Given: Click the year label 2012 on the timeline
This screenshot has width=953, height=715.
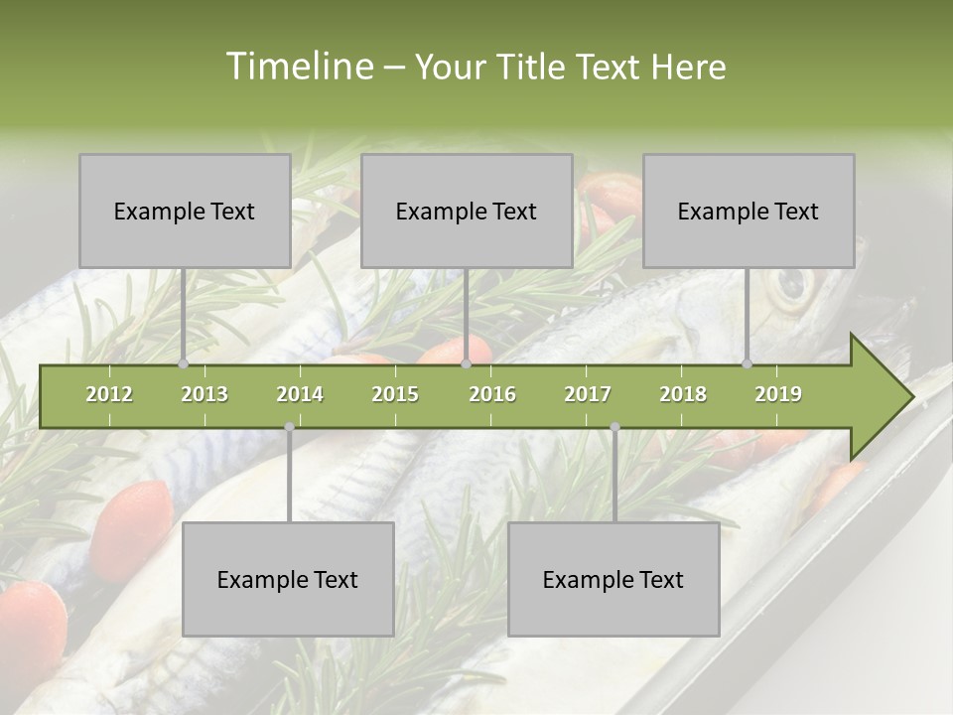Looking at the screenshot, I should [x=109, y=394].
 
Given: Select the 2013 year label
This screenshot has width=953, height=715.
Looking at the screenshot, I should [x=204, y=394].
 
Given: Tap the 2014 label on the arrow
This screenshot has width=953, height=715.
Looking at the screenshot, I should [x=300, y=394].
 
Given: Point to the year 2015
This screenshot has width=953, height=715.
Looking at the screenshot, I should [x=395, y=394].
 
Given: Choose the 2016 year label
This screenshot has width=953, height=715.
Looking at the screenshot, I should [x=492, y=394].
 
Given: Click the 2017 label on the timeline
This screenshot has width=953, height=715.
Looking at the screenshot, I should [x=588, y=394].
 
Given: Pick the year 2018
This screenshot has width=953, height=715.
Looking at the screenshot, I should [x=683, y=394].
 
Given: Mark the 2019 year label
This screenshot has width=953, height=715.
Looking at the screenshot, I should [x=778, y=394].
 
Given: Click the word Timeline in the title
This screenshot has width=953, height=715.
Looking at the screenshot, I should [x=298, y=67].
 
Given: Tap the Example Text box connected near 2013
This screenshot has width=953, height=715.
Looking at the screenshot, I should [x=185, y=211].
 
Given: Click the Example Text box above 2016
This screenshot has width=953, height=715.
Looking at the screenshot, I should [x=467, y=211].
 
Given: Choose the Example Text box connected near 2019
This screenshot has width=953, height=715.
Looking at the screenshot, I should [x=749, y=211].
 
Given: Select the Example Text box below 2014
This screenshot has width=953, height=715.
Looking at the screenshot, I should [x=288, y=579].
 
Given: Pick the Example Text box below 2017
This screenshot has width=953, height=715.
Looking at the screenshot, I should [x=613, y=579].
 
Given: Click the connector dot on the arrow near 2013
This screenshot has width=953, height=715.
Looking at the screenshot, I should [x=184, y=364].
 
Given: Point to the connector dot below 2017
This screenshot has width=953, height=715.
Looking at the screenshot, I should [x=614, y=427].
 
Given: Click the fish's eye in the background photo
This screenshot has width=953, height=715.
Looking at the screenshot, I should [x=791, y=286].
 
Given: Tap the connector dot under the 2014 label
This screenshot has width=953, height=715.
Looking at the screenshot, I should [x=289, y=427].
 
